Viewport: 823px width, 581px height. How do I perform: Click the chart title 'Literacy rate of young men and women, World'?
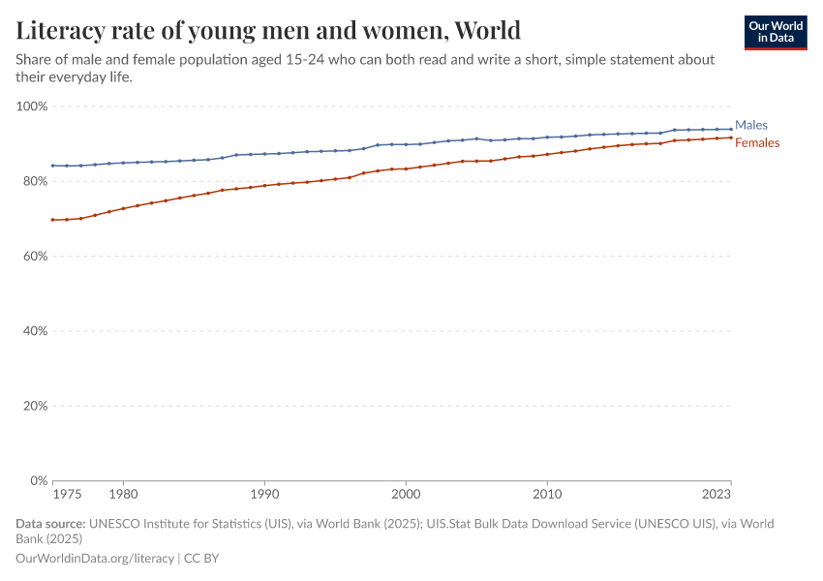click(268, 31)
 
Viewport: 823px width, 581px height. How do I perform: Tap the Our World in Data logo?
click(775, 32)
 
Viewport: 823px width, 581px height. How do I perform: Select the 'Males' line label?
click(751, 125)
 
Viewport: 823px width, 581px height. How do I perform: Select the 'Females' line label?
click(757, 143)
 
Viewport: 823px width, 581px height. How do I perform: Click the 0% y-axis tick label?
click(38, 480)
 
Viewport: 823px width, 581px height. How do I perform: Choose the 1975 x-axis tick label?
click(67, 494)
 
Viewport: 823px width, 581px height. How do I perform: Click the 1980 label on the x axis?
click(123, 494)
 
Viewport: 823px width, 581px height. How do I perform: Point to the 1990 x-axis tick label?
click(264, 494)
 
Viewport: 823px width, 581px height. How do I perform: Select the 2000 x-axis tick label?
click(406, 494)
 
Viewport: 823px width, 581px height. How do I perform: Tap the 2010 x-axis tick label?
click(547, 494)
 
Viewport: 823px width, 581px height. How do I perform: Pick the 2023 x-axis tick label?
click(716, 494)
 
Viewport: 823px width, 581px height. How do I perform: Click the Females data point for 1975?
click(52, 220)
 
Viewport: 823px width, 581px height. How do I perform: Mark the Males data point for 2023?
click(731, 129)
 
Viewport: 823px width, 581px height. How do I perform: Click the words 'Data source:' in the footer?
click(50, 524)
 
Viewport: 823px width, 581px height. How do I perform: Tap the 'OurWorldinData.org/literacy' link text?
click(95, 558)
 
